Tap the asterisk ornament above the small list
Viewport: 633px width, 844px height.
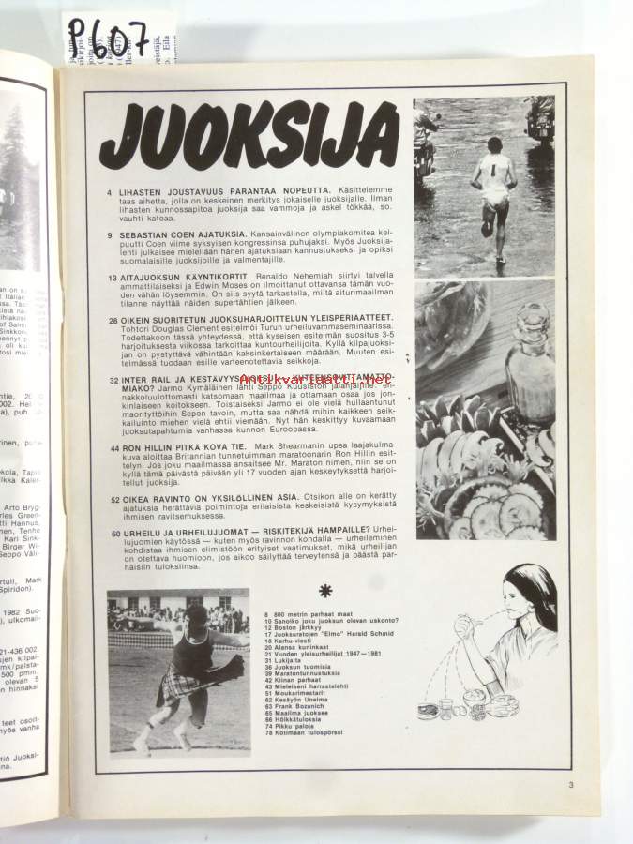(325, 590)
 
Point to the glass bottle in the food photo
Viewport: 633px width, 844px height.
(532, 361)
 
